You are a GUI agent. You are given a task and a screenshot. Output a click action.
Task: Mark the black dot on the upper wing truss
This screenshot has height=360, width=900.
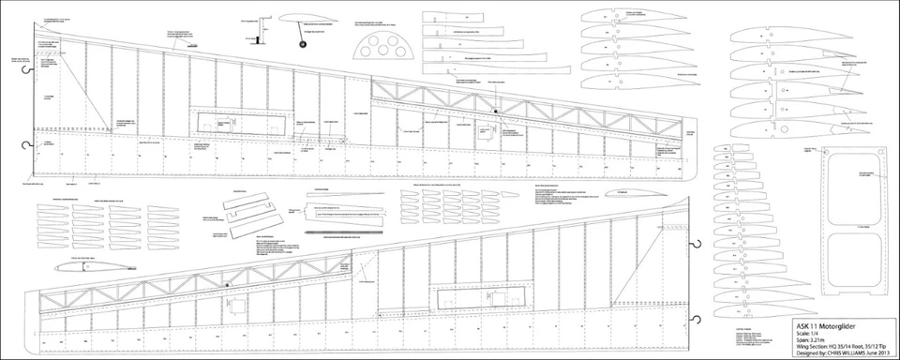click(496, 111)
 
